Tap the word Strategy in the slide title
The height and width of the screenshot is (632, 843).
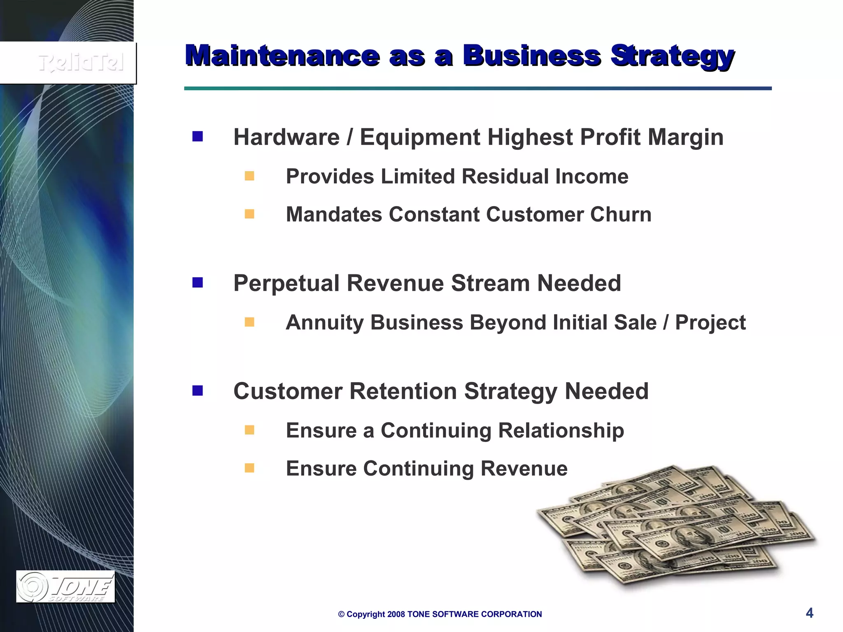(672, 56)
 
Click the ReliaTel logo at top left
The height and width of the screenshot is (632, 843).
(81, 63)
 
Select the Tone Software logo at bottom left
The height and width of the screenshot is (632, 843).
(65, 587)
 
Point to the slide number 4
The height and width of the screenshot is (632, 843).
(809, 613)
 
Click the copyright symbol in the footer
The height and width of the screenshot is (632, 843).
(341, 614)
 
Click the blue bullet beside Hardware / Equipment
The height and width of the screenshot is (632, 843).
(198, 137)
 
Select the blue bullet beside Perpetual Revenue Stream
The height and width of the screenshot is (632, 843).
(198, 283)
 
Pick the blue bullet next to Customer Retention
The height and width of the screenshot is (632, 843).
(198, 390)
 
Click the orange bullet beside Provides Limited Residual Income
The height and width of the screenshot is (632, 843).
(249, 176)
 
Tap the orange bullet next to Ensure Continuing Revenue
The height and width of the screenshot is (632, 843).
(249, 468)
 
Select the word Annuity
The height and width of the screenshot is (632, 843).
(325, 323)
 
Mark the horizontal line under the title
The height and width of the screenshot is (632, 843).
(477, 88)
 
